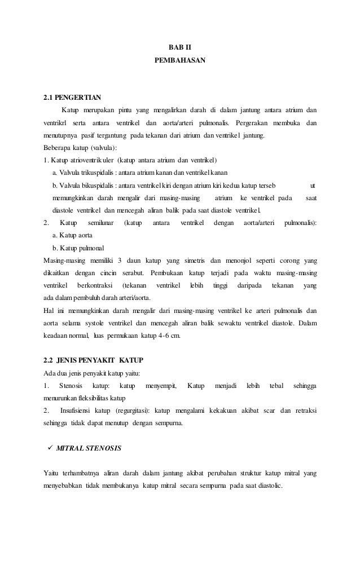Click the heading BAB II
pos(180,47)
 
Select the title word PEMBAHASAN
pos(180,59)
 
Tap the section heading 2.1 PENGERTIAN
pos(69,98)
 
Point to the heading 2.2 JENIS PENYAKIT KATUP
pos(94,359)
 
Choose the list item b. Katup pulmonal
pos(78,248)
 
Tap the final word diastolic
pos(273,485)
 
